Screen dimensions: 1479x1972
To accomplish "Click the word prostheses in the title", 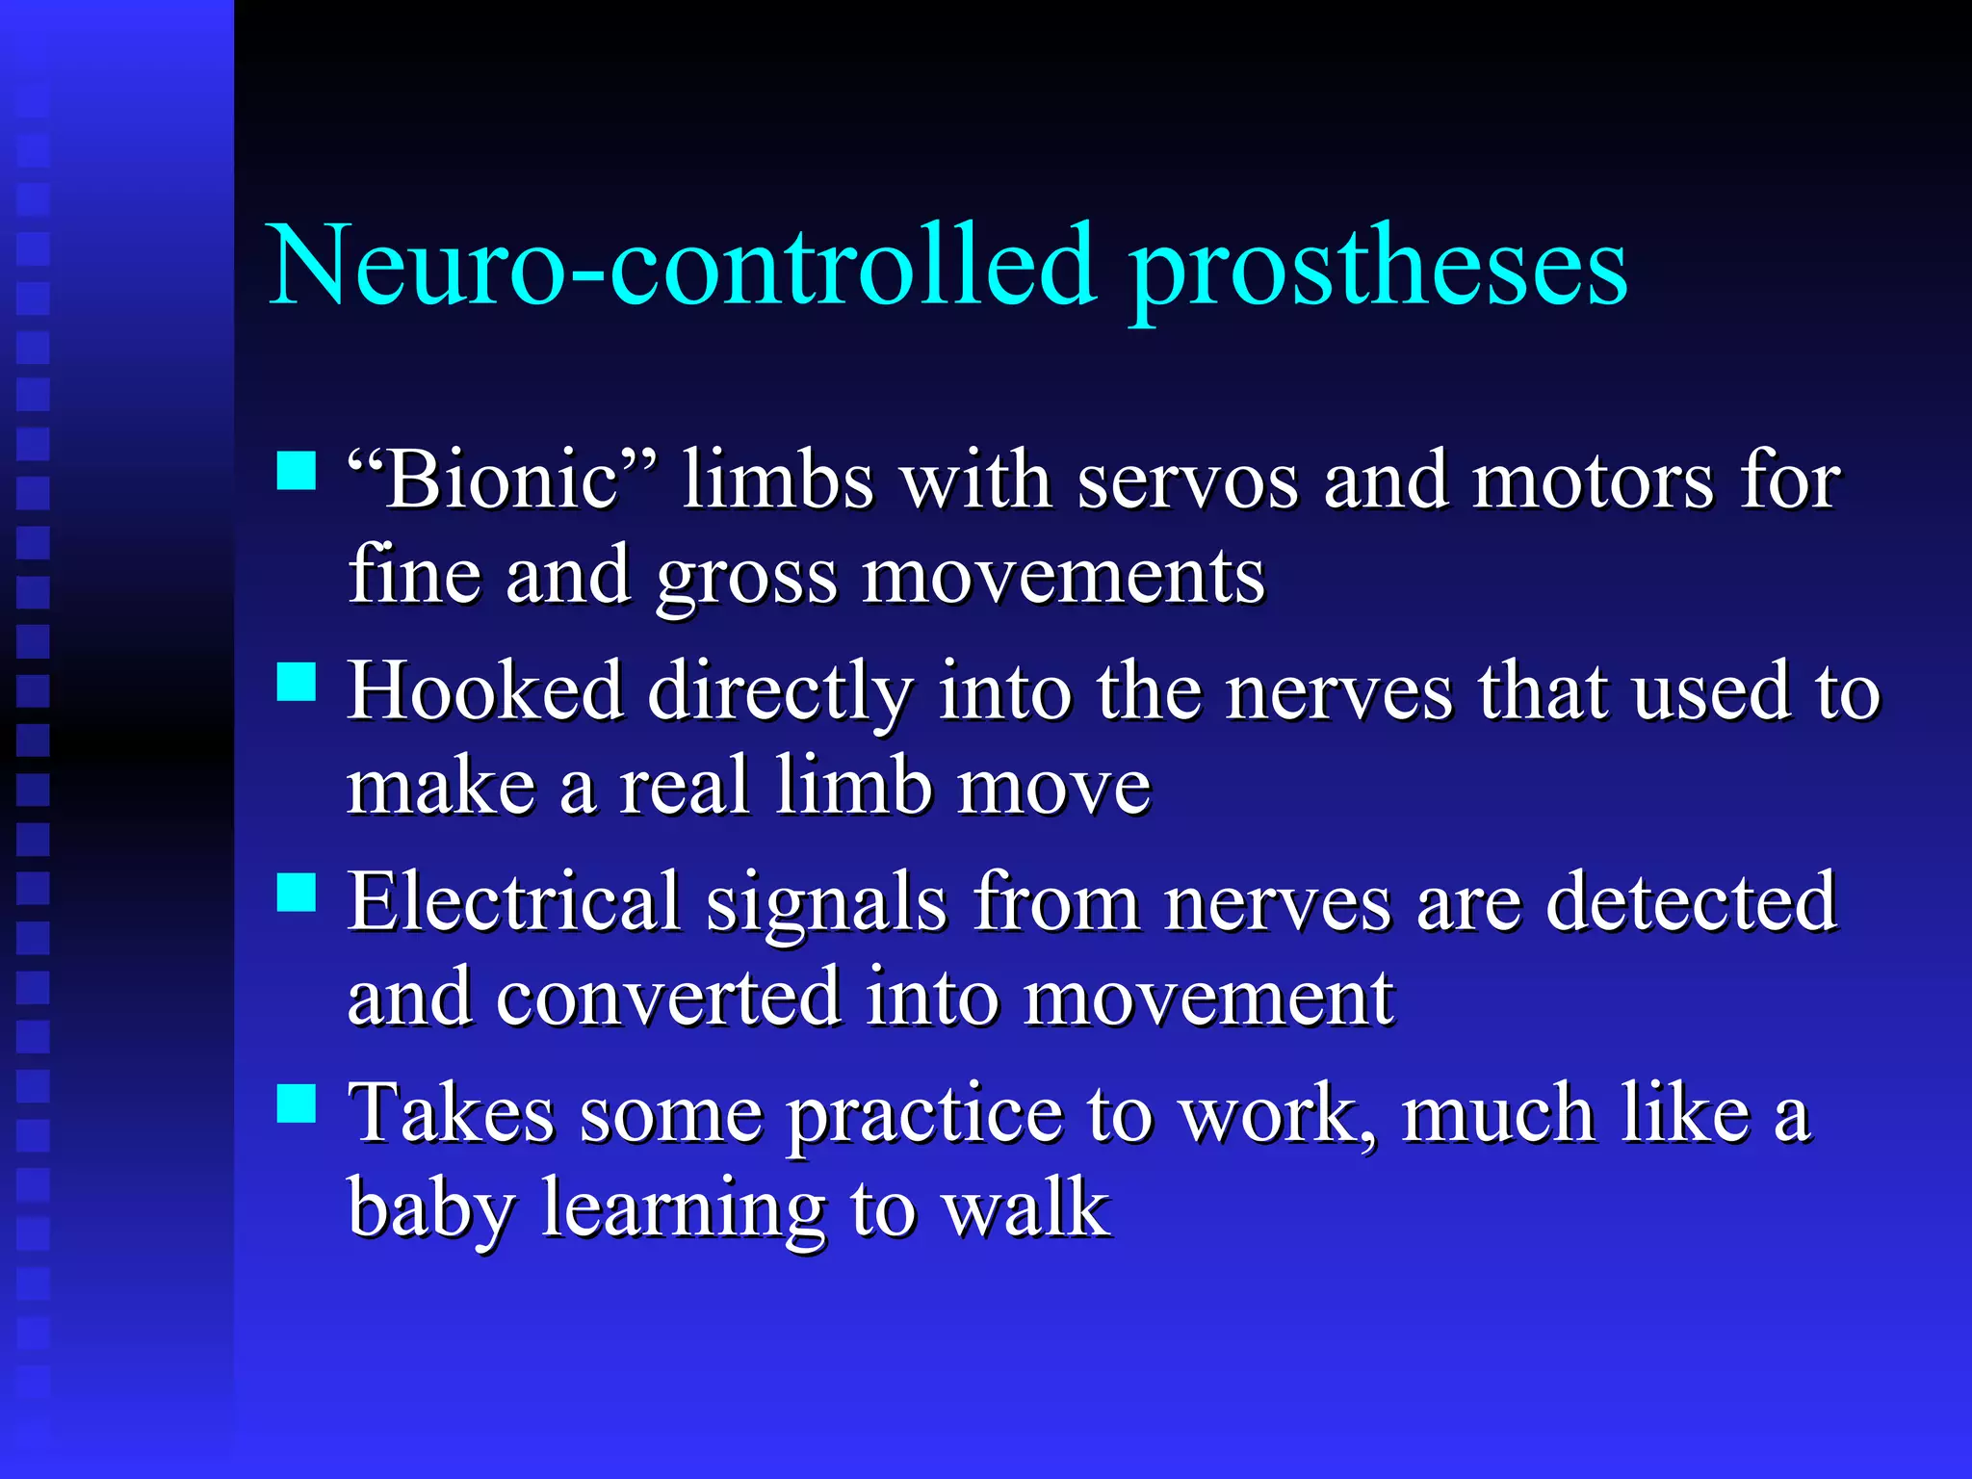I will (1378, 270).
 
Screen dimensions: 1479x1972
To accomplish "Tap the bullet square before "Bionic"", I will (297, 471).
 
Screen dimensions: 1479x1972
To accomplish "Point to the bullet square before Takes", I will (297, 1103).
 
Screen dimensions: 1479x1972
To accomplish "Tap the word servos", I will (1187, 480).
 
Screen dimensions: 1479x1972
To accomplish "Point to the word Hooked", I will (485, 690).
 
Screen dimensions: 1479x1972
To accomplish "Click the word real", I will (684, 786).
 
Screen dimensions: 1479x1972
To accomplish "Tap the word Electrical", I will (514, 901).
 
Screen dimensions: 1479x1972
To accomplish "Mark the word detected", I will (1691, 901).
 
